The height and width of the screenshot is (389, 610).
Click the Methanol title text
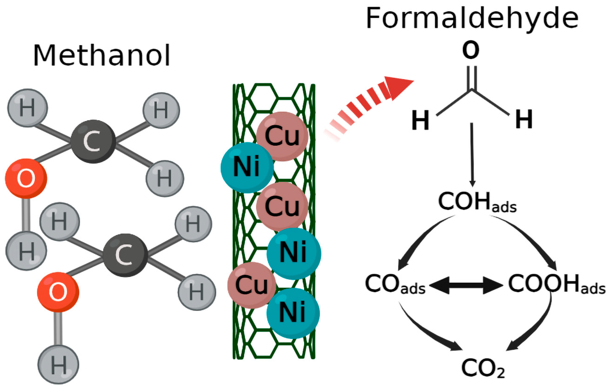pyautogui.click(x=102, y=55)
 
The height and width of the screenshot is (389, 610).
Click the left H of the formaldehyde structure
pyautogui.click(x=420, y=120)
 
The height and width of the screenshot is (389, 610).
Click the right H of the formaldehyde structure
pyautogui.click(x=524, y=119)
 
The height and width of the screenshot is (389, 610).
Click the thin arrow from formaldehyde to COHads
pyautogui.click(x=472, y=155)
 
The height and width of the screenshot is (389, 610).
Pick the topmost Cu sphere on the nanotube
pyautogui.click(x=282, y=136)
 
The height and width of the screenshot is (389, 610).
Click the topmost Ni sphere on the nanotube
pyautogui.click(x=247, y=167)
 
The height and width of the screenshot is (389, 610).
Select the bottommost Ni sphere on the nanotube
pyautogui.click(x=293, y=313)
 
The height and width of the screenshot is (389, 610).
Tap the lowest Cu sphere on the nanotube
pyautogui.click(x=251, y=285)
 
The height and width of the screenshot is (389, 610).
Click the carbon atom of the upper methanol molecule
pyautogui.click(x=93, y=141)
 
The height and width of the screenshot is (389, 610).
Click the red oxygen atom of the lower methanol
pyautogui.click(x=58, y=292)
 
